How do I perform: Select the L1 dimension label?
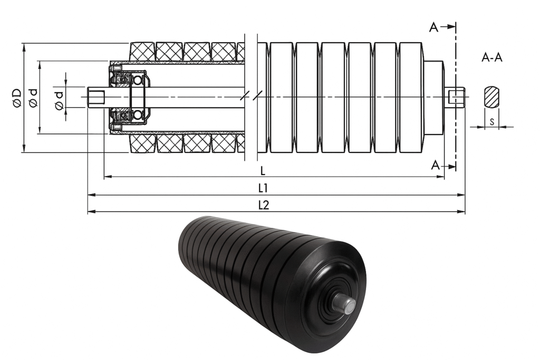coord(263,188)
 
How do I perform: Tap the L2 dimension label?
coord(264,205)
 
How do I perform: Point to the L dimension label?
coord(263,170)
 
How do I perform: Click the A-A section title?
coord(492,57)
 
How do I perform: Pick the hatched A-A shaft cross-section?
coord(491,96)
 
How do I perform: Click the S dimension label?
coord(492,121)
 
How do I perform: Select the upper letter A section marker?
coord(434,27)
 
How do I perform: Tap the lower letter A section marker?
coord(436,166)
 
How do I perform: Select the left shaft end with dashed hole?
coord(96,98)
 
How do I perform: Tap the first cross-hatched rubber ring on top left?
coord(142,52)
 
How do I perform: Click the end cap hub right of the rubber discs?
coord(433,98)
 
